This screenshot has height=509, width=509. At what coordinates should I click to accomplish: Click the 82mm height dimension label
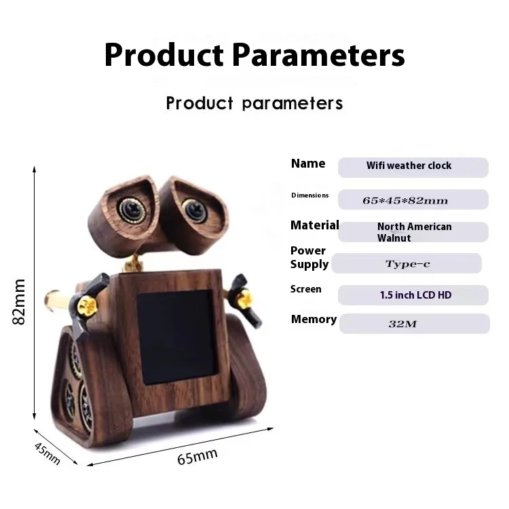[18, 301]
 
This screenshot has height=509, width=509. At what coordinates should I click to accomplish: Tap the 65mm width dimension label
[197, 457]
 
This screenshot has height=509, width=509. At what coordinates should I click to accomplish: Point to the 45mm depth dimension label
[48, 453]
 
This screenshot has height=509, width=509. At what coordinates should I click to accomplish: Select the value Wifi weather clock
[409, 166]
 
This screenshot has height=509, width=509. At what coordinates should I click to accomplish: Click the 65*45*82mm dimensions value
[405, 201]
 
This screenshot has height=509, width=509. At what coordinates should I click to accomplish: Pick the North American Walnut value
[414, 232]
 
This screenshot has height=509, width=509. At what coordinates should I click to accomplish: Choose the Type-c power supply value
[408, 264]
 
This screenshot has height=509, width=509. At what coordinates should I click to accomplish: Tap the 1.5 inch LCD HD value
[415, 295]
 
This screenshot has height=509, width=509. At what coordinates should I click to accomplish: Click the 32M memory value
[402, 324]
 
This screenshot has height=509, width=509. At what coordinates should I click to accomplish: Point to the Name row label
[308, 164]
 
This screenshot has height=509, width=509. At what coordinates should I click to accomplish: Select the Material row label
[314, 225]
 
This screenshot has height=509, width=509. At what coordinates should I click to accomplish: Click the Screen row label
[306, 289]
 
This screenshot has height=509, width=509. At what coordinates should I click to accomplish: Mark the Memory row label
[314, 320]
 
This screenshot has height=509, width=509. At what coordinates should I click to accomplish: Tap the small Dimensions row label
[310, 195]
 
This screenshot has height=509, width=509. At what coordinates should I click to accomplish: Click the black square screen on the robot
[177, 337]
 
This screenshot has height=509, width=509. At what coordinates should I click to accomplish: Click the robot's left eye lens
[132, 210]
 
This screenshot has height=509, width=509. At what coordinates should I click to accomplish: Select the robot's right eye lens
[195, 210]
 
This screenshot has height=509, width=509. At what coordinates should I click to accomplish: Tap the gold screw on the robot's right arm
[244, 299]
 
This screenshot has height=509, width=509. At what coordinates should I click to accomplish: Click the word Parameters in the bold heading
[319, 55]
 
